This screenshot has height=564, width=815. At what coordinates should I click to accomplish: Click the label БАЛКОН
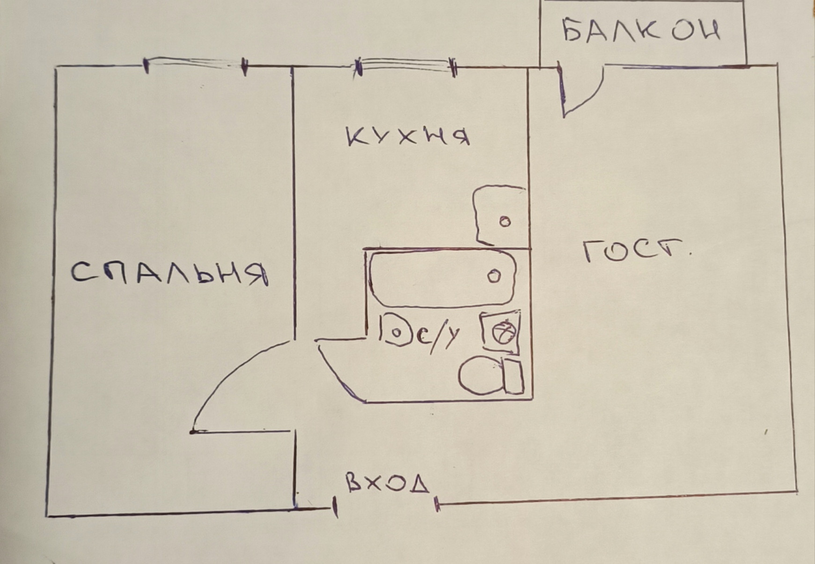(640, 31)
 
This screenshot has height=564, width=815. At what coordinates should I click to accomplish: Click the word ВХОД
(388, 483)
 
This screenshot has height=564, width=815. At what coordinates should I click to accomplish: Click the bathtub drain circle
(494, 276)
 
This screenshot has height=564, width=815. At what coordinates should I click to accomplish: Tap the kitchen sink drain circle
(505, 222)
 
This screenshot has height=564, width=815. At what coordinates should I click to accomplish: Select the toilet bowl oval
(480, 376)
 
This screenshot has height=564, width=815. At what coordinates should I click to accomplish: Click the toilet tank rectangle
(514, 376)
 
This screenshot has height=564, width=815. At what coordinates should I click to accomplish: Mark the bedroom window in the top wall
(195, 64)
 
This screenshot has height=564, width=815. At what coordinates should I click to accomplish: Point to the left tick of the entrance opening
(335, 507)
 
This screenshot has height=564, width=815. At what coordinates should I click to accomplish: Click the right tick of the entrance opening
(437, 504)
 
